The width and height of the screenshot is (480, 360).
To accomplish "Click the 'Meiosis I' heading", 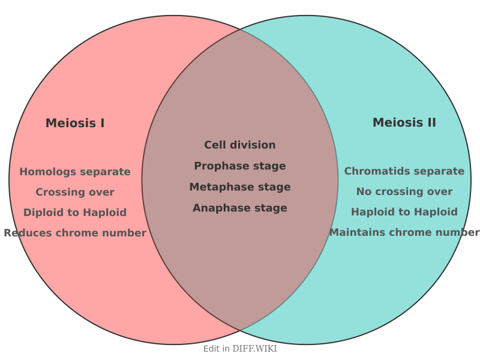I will click(75, 123).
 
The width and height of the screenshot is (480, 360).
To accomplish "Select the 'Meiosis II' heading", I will click(404, 122).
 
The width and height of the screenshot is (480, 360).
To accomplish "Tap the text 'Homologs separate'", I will click(75, 172).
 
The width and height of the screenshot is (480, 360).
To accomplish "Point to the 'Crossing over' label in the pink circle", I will click(75, 192).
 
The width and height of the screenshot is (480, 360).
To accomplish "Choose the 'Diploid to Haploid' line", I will click(75, 212).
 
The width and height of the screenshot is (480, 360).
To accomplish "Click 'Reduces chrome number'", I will click(75, 233).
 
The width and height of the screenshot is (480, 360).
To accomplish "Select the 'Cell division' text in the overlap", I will click(240, 145).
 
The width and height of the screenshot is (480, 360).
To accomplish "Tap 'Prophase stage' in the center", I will click(240, 166).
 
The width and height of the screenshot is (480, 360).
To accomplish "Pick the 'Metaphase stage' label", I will click(240, 187).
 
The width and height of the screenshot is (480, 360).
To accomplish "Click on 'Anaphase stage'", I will click(240, 208).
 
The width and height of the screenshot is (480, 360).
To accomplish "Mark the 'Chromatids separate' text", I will click(404, 171).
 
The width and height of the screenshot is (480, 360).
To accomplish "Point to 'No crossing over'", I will click(404, 191).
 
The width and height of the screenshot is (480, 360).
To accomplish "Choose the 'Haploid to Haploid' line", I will click(404, 212).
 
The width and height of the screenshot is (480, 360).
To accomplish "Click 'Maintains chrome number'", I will click(404, 232).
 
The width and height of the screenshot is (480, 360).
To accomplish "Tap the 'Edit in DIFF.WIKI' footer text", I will click(240, 349).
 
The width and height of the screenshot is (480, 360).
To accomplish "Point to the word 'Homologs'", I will click(44, 172).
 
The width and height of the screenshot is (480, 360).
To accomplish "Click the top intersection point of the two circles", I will click(240, 29).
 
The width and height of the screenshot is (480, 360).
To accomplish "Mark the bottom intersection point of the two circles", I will click(240, 331).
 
